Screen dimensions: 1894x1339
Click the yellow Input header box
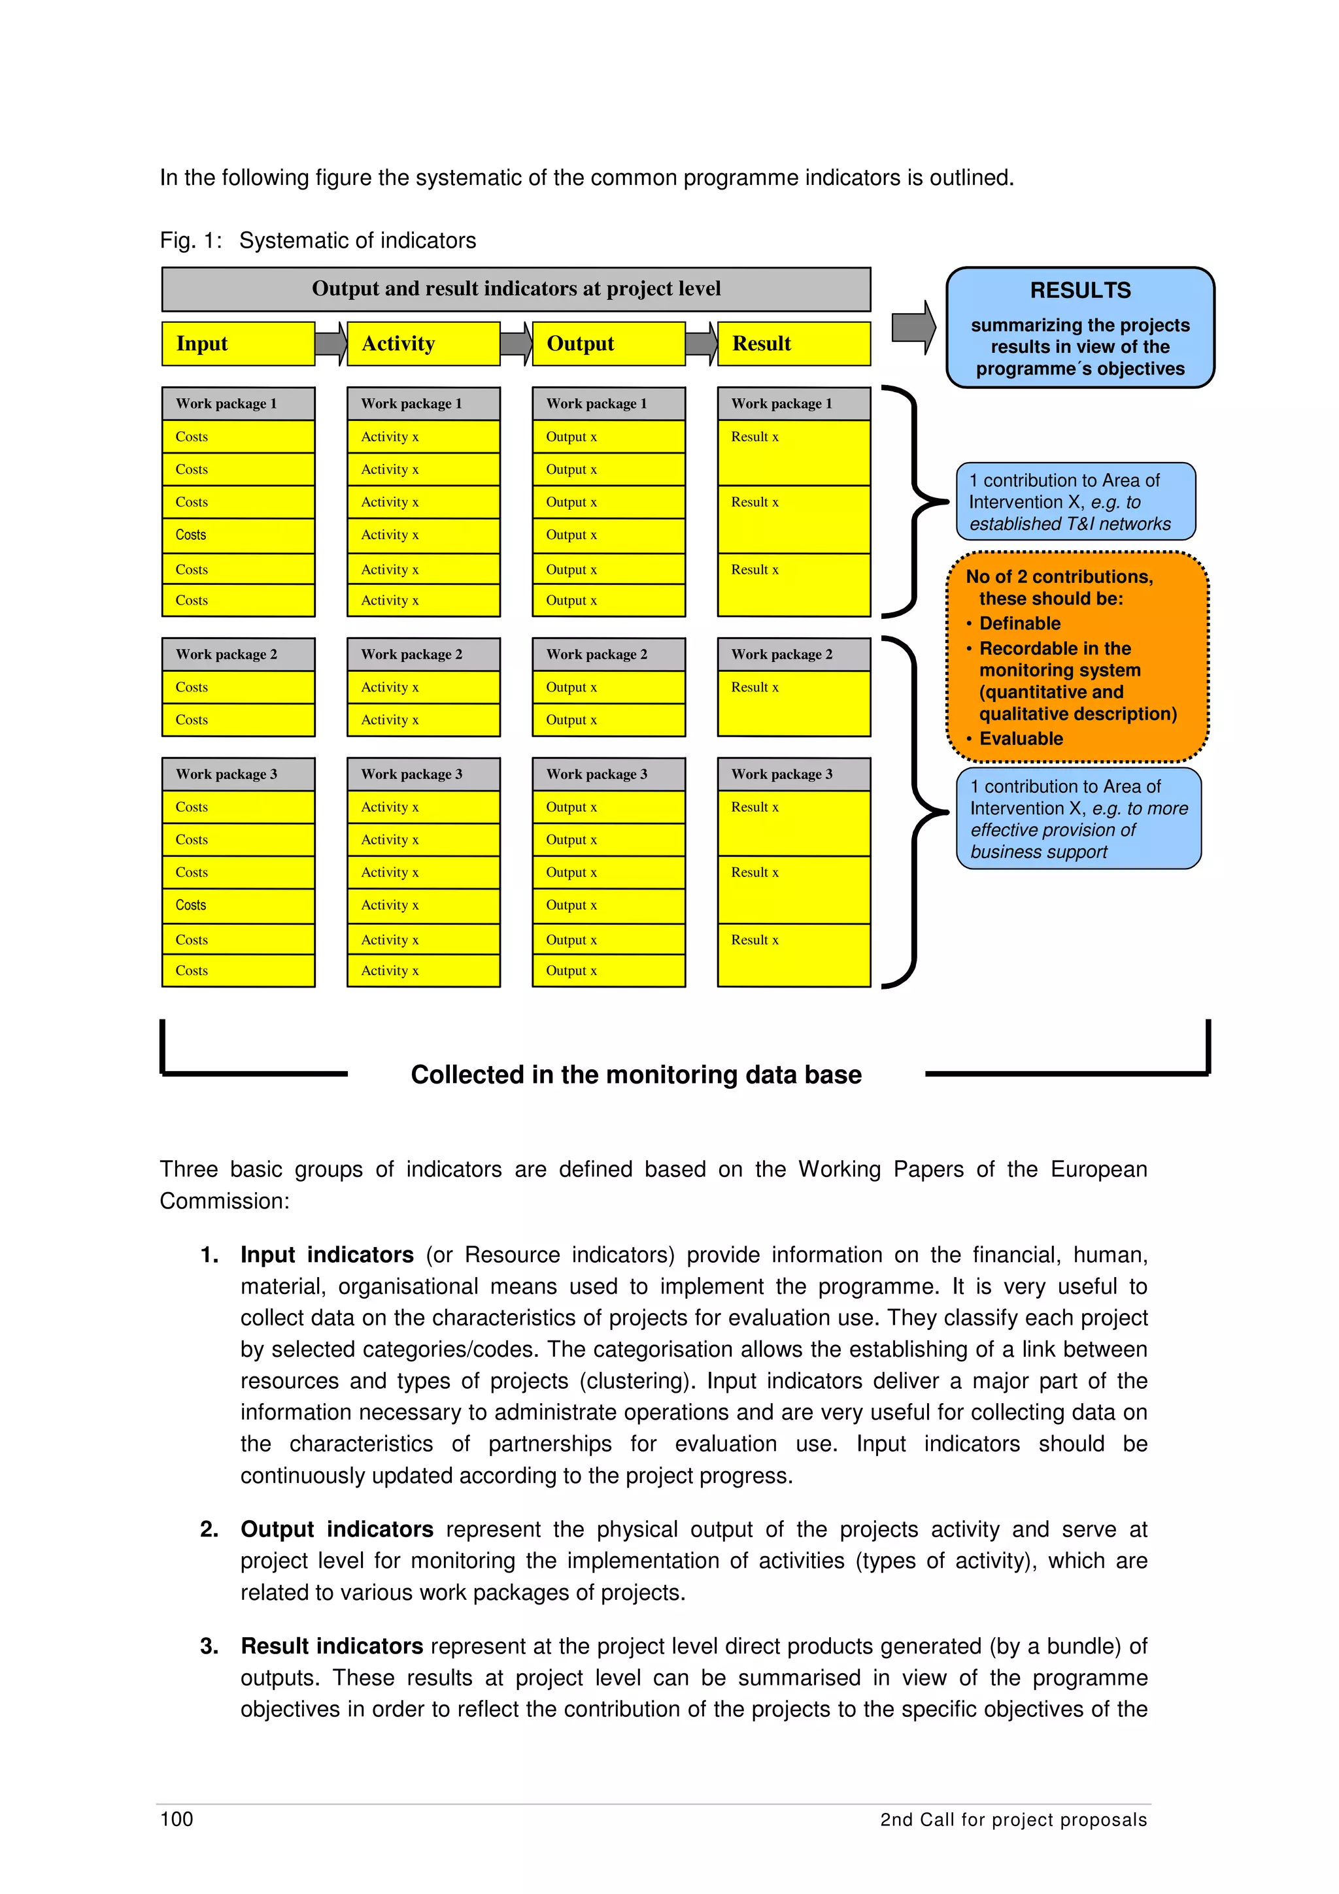coord(237,343)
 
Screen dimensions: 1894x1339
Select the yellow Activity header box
coord(422,343)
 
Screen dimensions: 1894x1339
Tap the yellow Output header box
coord(608,343)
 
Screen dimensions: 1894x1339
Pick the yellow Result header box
coord(793,343)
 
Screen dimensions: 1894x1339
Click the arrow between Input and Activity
coord(331,343)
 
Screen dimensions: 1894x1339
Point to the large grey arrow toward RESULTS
coord(913,327)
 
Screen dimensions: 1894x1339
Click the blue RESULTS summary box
coord(1079,327)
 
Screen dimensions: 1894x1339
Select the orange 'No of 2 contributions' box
coord(1077,657)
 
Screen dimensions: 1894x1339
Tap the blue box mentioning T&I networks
coord(1075,501)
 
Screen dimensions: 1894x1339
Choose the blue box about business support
coord(1077,818)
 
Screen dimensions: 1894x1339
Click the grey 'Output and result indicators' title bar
coord(516,289)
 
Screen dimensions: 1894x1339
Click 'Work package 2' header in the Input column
coord(237,654)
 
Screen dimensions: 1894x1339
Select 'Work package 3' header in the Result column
coord(793,774)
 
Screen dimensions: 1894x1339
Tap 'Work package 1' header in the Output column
coord(608,403)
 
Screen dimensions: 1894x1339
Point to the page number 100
coord(177,1819)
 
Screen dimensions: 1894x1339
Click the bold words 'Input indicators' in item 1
coord(327,1255)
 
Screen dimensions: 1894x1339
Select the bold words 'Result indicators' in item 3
coord(331,1646)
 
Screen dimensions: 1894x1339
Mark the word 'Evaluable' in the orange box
coord(1021,739)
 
